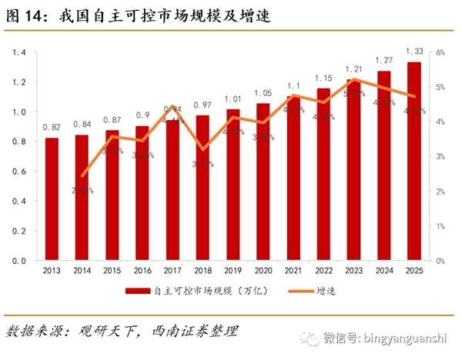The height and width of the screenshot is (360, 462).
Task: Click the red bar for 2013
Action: (52, 199)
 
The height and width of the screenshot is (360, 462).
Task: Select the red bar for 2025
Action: (413, 162)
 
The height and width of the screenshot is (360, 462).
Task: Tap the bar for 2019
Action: (233, 185)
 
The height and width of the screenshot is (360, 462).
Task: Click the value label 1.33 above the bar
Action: (413, 52)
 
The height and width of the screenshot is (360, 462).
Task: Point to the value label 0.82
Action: (52, 127)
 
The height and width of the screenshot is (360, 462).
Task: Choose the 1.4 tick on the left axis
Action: (20, 52)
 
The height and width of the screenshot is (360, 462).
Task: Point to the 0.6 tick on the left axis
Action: (20, 172)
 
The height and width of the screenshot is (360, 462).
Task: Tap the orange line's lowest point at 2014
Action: (82, 175)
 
